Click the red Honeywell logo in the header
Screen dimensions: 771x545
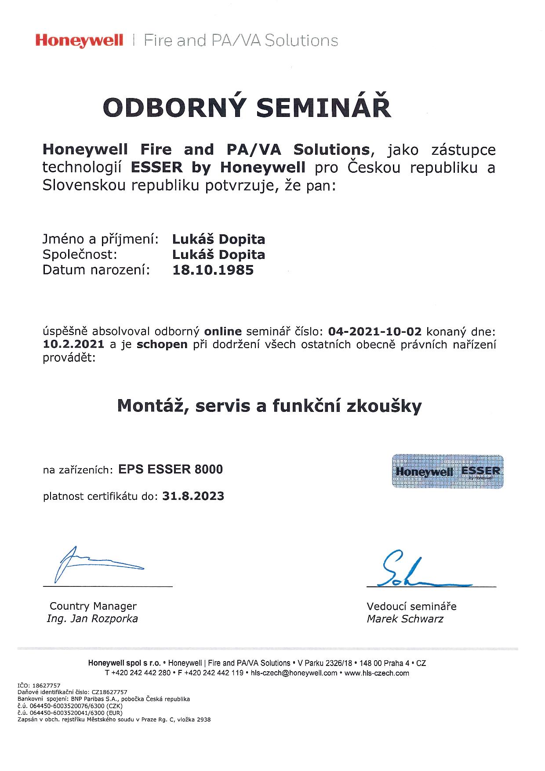79,41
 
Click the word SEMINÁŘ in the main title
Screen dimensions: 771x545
324,108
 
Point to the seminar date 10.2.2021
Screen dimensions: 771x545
73,344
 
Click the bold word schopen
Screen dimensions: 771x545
162,344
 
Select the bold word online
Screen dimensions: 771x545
223,331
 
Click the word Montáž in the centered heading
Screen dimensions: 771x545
149,406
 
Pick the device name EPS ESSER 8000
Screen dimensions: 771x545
171,469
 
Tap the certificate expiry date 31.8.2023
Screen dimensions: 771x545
193,496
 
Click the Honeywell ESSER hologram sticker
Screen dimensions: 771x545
447,471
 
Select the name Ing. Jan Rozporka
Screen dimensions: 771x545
92,619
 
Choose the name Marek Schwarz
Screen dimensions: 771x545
405,619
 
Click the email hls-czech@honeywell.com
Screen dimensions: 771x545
294,673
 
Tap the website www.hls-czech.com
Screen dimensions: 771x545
377,673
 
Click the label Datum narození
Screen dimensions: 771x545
96,270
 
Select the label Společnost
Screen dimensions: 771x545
80,255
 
